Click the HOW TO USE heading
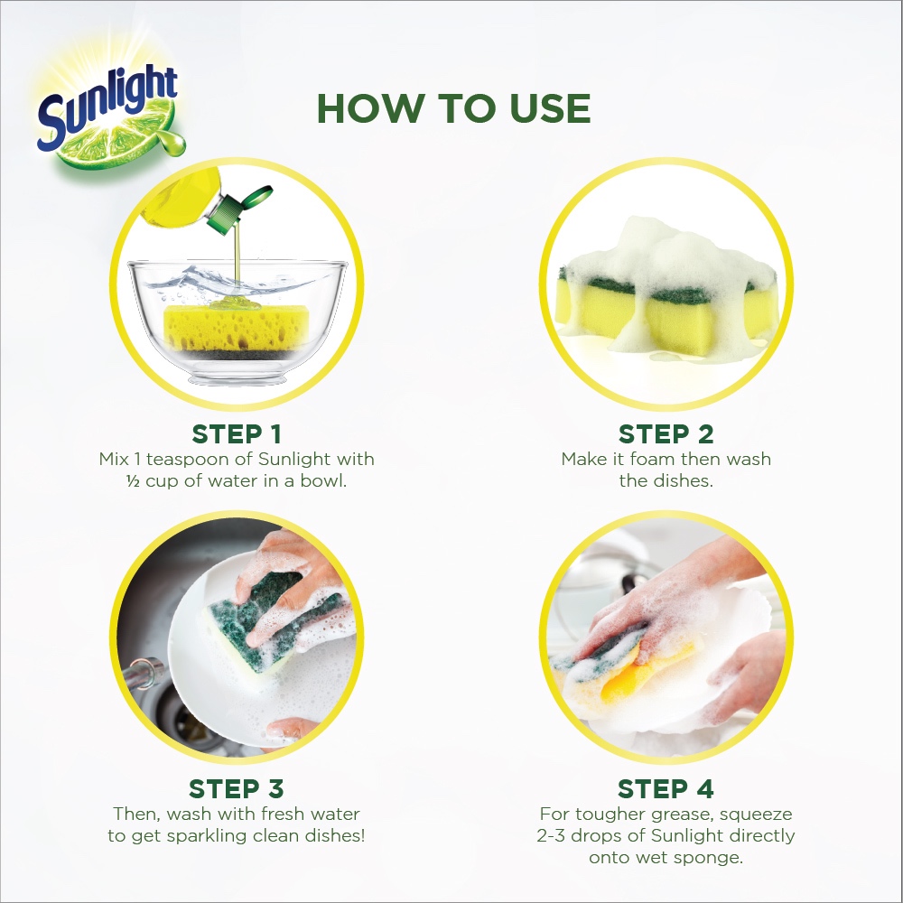454,108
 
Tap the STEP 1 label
237,434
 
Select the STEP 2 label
666,434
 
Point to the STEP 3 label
237,789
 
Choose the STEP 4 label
666,789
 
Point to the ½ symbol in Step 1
133,481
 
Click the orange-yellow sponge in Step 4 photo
639,676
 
